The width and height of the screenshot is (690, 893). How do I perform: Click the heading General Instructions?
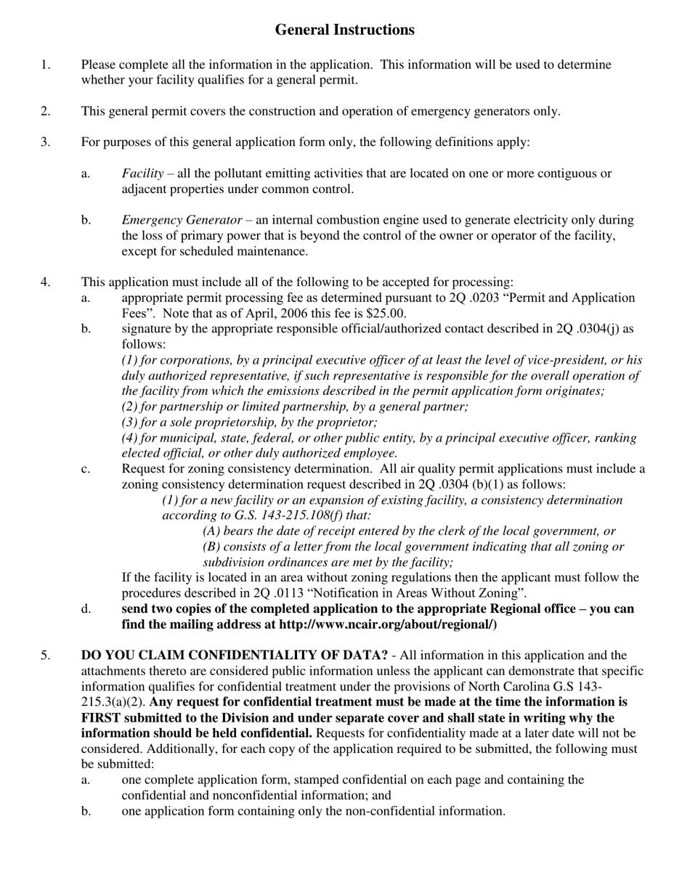(x=344, y=30)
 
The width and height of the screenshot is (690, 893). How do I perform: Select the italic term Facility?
(x=142, y=174)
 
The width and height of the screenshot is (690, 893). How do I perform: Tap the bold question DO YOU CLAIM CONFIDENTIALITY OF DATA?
(x=234, y=656)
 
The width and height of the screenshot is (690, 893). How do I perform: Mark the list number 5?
(x=46, y=656)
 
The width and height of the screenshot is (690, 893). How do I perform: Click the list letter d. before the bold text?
(x=86, y=608)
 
